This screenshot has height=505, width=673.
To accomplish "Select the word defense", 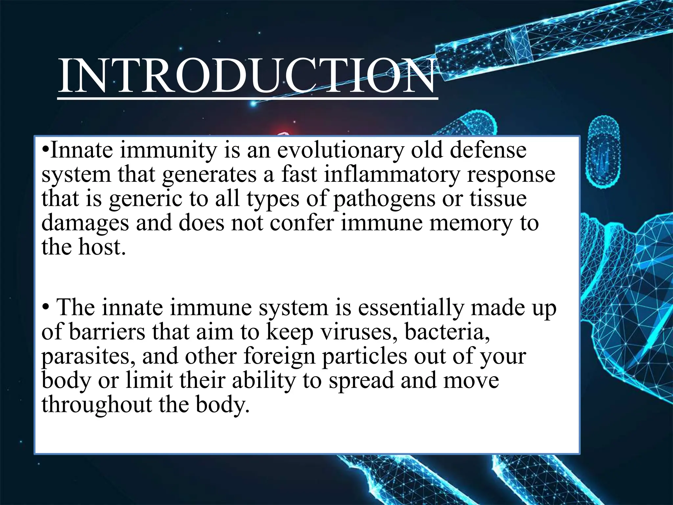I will coord(488,150).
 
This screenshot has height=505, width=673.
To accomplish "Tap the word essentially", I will coord(411,308).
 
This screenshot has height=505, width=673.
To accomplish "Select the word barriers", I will coord(107,332).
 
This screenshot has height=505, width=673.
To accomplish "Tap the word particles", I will coord(364,356).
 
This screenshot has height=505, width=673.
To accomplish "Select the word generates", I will coord(209,175).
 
